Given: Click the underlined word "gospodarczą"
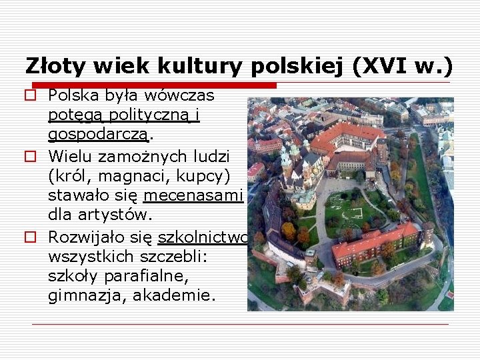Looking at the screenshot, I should [99, 135].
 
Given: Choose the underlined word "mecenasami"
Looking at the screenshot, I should [191, 196].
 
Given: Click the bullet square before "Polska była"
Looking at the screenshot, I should [31, 95].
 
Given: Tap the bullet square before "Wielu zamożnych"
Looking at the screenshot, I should [31, 157].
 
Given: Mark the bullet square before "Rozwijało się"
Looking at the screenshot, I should [31, 237].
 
